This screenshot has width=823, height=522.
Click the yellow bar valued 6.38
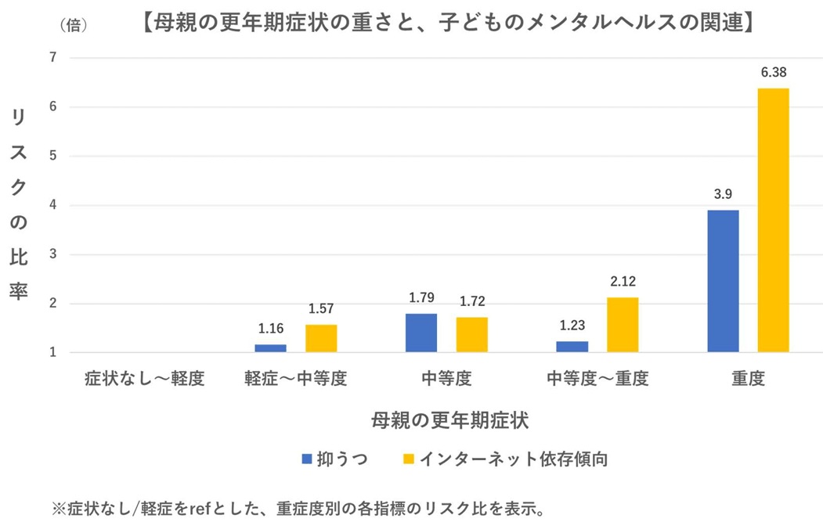(773, 220)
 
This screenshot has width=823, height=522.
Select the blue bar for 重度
(723, 281)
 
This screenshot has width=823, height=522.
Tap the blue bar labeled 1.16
(270, 348)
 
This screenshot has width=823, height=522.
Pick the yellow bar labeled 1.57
(321, 338)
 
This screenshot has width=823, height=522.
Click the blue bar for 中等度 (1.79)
(421, 333)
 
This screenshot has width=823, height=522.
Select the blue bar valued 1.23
(572, 347)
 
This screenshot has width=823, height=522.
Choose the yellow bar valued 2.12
(623, 325)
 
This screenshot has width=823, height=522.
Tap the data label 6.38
(773, 72)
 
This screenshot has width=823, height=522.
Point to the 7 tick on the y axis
(52, 57)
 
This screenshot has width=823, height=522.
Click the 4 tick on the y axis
(52, 205)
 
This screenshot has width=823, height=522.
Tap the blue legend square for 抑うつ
(306, 459)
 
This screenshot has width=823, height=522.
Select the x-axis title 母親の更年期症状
(450, 420)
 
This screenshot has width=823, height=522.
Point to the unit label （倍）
(74, 24)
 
